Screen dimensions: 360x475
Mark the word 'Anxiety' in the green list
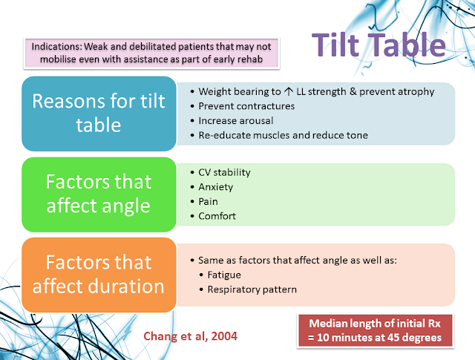tap(215, 187)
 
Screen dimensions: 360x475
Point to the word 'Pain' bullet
tap(209, 201)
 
